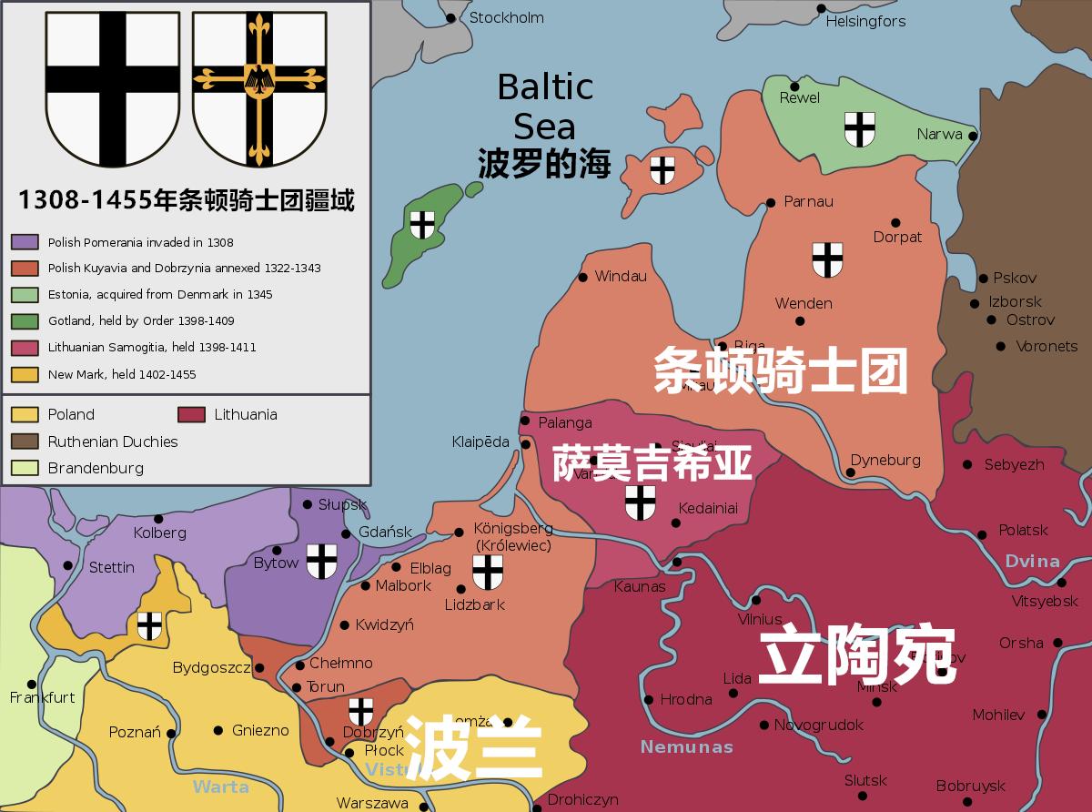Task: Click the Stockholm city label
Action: tap(506, 17)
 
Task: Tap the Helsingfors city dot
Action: tap(821, 8)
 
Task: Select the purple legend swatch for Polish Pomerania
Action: tap(25, 242)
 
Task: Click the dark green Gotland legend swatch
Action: tap(25, 320)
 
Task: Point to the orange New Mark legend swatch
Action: tap(25, 374)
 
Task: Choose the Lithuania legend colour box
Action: tap(191, 415)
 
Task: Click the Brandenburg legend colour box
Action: tap(25, 469)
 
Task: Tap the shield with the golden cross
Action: tap(259, 89)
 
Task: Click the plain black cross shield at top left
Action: tap(113, 89)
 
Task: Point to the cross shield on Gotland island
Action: tap(421, 224)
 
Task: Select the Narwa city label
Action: tap(939, 135)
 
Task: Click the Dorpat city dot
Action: tap(895, 222)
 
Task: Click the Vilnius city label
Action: tap(759, 620)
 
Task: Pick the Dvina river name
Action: tap(1032, 561)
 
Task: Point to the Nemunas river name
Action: tap(686, 747)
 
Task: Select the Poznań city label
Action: tap(135, 733)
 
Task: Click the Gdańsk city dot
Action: tap(346, 533)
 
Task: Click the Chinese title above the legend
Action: tap(186, 199)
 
